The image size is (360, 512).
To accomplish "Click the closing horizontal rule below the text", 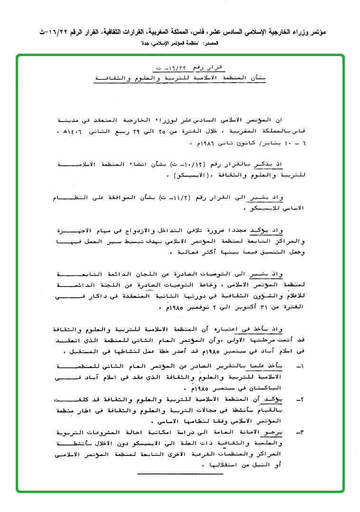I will tap(173, 473).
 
